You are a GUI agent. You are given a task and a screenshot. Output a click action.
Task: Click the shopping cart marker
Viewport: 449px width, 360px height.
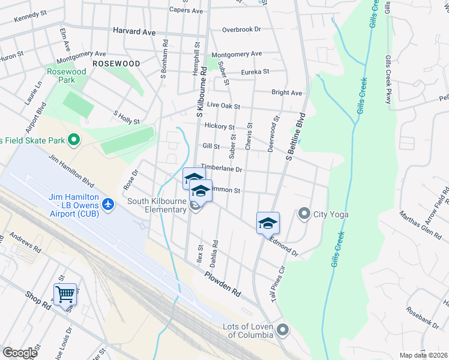(x=65, y=294)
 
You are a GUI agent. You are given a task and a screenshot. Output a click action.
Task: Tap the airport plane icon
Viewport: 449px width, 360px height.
(x=109, y=205)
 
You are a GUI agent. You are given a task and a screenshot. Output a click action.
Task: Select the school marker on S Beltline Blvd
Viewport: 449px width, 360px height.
(x=268, y=223)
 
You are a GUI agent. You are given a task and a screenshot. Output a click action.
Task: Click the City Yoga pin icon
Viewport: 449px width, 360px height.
(x=304, y=214)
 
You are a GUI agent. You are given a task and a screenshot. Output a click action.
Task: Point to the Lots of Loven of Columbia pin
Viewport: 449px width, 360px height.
(x=282, y=329)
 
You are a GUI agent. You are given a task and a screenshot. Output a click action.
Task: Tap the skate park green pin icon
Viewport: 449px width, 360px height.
(x=74, y=140)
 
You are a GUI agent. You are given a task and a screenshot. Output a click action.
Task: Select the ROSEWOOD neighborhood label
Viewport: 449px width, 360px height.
(x=116, y=63)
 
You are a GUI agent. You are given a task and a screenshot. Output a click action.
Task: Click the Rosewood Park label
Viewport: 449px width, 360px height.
(x=67, y=76)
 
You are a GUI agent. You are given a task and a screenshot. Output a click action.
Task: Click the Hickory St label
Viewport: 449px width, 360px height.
(x=219, y=127)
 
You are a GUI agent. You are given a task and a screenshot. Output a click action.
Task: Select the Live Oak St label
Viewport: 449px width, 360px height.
(x=223, y=106)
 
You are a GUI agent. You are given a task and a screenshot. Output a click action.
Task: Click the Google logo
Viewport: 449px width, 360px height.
(x=20, y=352)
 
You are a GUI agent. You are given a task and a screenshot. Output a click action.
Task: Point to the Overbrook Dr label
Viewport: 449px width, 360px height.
(x=242, y=29)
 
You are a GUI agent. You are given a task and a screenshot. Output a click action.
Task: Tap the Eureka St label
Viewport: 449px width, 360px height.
(x=255, y=72)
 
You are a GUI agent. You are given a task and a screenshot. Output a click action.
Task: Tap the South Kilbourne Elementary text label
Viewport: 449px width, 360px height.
(x=156, y=206)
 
